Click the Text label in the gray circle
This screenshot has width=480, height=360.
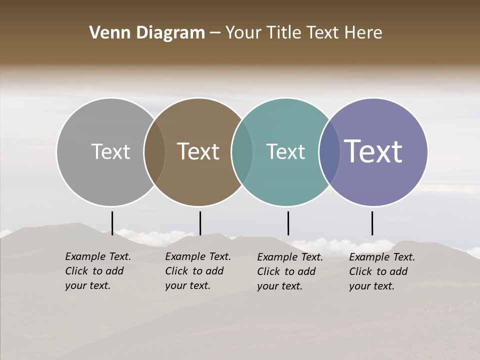point(110,151)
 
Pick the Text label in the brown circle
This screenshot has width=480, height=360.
point(198,151)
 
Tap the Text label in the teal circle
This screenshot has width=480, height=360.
point(286,151)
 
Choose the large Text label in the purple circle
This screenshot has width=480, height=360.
point(373,151)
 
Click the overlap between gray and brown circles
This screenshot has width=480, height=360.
point(154,152)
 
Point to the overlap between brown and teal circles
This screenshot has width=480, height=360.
point(242,152)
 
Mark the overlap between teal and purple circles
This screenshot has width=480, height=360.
point(329,152)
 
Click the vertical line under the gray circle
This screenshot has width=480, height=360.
point(112,223)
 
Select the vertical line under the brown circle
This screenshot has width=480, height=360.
point(200,223)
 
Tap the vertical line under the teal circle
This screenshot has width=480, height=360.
point(288,223)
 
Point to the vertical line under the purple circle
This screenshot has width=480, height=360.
point(372,223)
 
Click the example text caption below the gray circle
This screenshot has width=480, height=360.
point(98,271)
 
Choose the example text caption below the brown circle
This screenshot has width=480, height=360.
point(198,271)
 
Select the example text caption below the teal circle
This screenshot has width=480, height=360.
point(290,271)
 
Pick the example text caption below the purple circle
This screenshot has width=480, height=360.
point(382,271)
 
